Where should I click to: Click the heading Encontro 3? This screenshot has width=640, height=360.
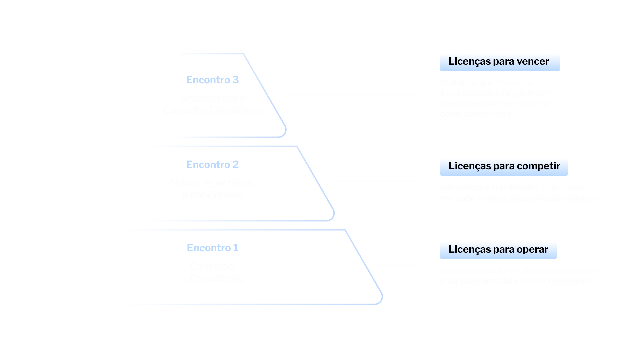(212, 80)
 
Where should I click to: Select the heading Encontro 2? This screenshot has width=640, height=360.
(212, 165)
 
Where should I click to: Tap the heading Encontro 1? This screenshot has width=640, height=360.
(212, 248)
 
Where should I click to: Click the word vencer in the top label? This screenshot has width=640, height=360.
(533, 61)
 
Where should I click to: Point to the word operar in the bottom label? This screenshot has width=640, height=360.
(532, 249)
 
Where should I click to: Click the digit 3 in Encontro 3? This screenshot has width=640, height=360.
(236, 80)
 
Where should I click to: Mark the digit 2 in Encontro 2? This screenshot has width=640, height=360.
(236, 165)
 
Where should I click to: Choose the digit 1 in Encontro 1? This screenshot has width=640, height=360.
(236, 248)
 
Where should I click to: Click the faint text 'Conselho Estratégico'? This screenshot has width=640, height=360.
(213, 110)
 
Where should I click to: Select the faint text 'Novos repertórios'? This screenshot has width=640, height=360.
(212, 183)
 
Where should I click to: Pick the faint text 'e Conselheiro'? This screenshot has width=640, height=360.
(213, 278)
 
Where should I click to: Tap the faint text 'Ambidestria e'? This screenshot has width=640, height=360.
(213, 98)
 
